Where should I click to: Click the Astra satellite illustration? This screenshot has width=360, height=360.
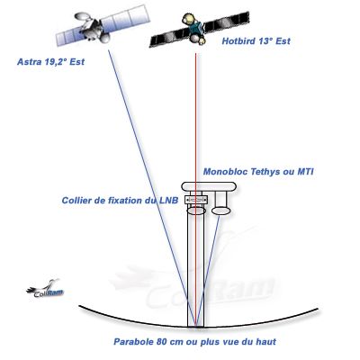click(x=103, y=25)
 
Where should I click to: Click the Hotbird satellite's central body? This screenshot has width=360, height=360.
click(x=196, y=29)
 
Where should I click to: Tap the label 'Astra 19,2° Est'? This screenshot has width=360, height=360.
click(x=50, y=62)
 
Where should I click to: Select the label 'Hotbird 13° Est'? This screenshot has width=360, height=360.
click(x=256, y=41)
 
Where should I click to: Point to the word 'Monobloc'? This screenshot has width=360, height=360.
click(x=225, y=172)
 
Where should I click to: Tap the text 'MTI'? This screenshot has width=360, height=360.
click(x=305, y=172)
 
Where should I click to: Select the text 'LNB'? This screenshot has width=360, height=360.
click(x=168, y=200)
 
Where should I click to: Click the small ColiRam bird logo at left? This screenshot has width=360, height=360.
click(x=45, y=289)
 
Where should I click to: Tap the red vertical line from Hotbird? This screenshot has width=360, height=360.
click(x=195, y=190)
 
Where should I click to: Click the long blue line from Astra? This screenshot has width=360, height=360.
click(x=151, y=188)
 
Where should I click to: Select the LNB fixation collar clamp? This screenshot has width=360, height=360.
click(x=196, y=200)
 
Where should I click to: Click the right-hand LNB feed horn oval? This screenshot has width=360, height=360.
click(x=220, y=211)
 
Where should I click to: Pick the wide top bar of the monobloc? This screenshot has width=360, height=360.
click(x=209, y=186)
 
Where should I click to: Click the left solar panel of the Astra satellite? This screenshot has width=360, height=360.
click(x=69, y=35)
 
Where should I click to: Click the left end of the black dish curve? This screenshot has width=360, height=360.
click(x=79, y=306)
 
